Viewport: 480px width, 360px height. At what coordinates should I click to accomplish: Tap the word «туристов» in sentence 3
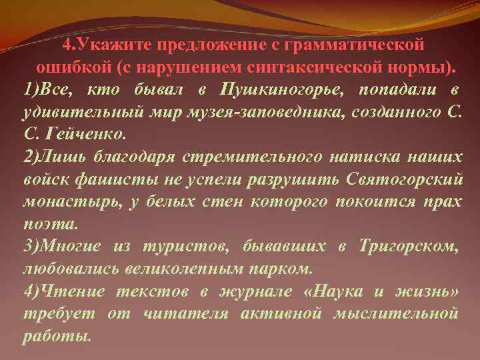pyautogui.click(x=183, y=247)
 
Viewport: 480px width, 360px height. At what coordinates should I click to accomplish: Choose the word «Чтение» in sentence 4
pyautogui.click(x=69, y=291)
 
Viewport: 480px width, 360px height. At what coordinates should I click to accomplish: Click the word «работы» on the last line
pyautogui.click(x=54, y=336)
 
